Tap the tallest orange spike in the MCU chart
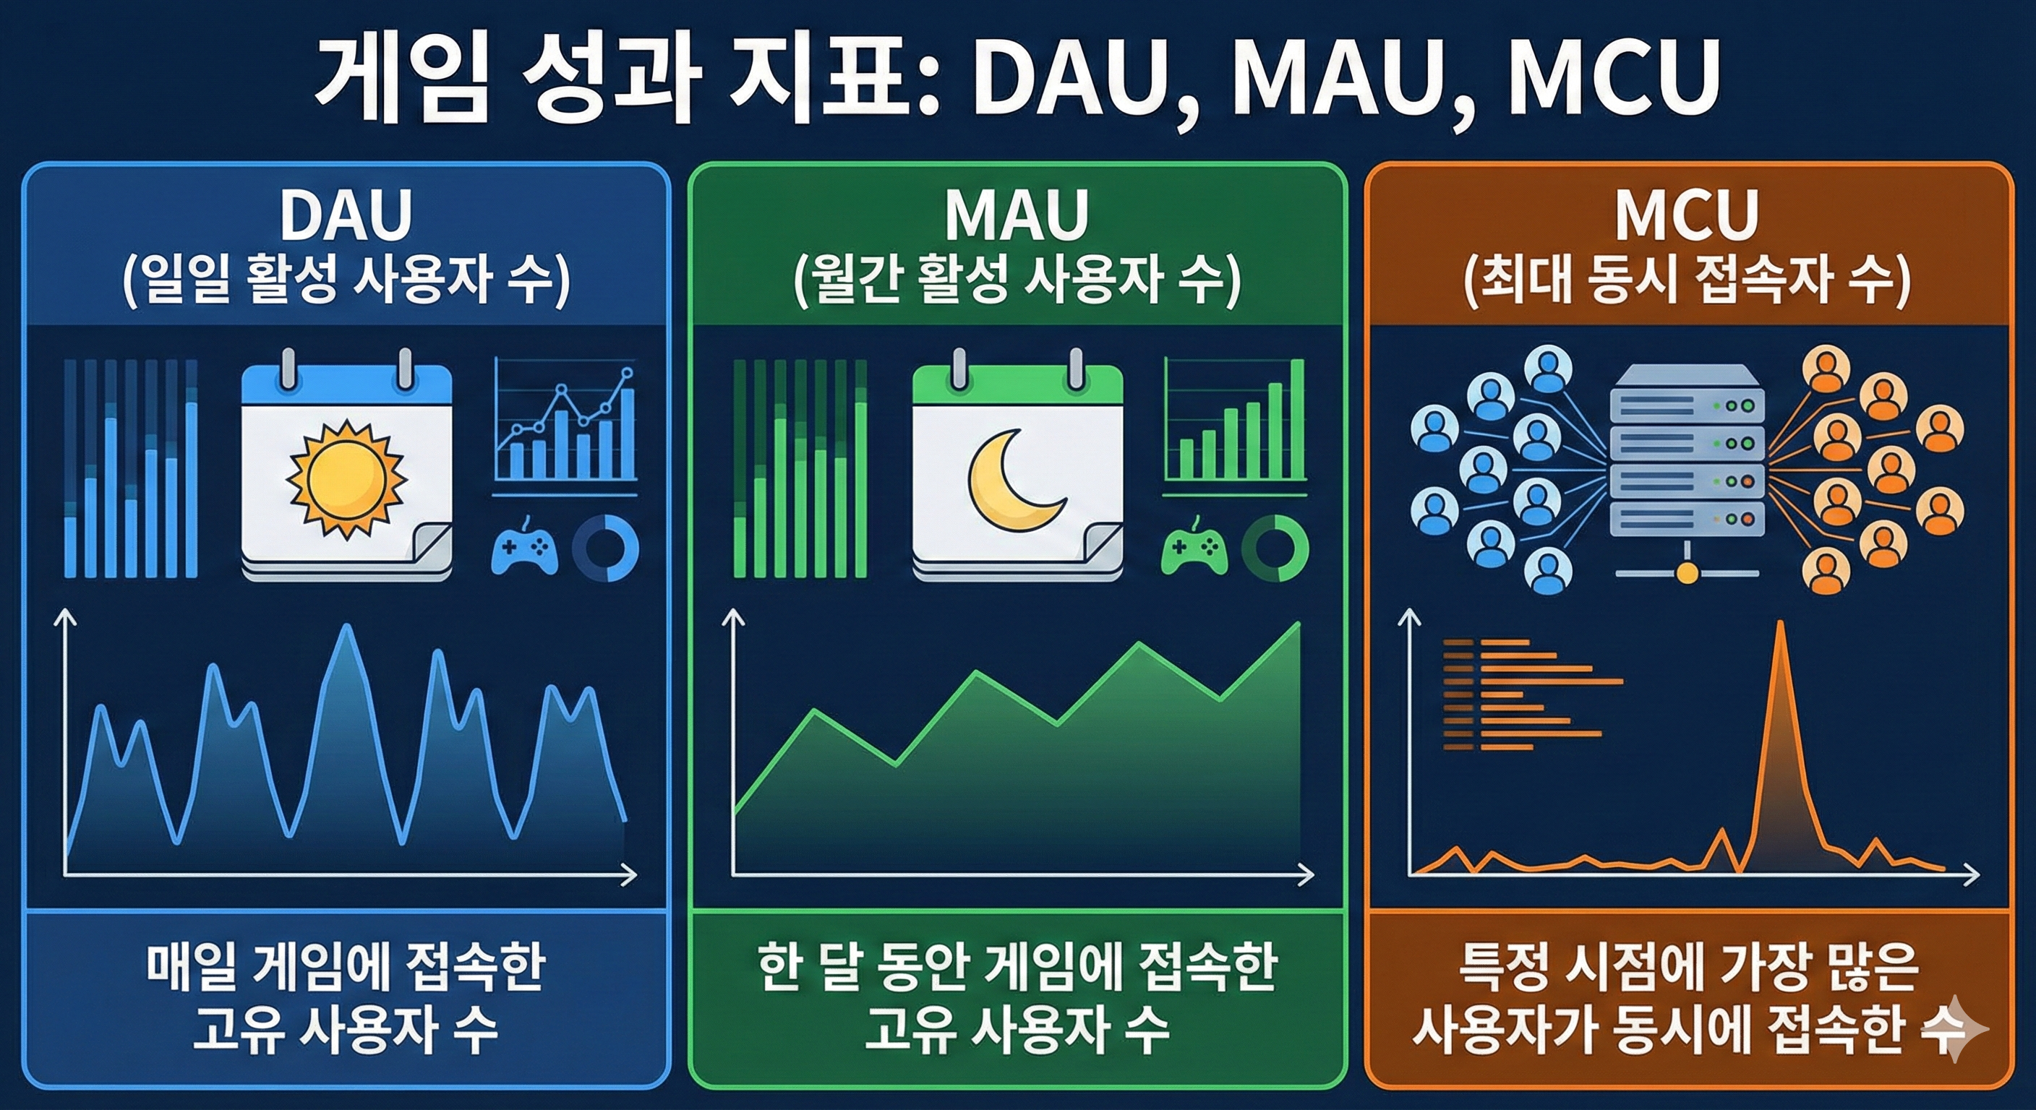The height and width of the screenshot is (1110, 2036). (x=1780, y=624)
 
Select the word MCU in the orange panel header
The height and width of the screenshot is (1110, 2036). (x=1687, y=215)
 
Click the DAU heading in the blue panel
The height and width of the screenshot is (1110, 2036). (x=346, y=215)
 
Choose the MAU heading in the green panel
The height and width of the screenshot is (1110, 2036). (x=1017, y=215)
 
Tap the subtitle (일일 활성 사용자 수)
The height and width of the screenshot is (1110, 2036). (x=346, y=282)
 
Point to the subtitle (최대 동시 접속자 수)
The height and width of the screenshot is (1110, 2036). (x=1687, y=282)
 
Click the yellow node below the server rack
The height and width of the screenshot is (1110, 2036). (x=1687, y=573)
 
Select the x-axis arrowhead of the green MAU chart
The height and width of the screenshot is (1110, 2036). (x=1306, y=874)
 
